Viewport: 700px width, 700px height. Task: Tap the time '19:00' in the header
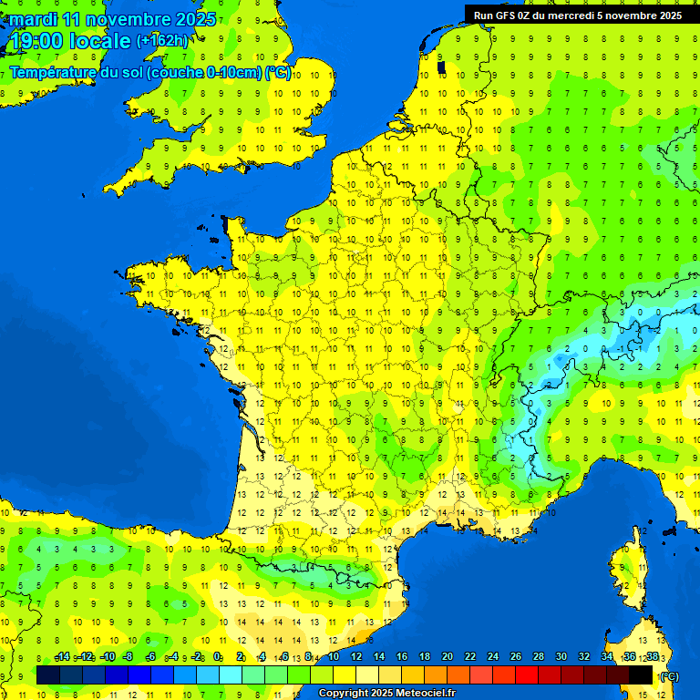coord(37,41)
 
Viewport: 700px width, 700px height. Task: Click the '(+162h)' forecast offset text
coord(162,41)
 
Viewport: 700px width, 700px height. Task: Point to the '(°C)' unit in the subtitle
coord(278,73)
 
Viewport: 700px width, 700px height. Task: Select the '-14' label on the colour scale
coord(62,657)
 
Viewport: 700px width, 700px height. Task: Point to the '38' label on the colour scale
coord(653,657)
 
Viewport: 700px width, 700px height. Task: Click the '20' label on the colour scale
coord(448,657)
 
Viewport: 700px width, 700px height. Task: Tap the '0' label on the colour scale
coord(218,657)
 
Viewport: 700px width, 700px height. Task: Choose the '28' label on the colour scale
coord(539,657)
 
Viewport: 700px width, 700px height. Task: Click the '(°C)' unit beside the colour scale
coord(669,675)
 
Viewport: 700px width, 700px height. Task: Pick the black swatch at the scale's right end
coord(641,674)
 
